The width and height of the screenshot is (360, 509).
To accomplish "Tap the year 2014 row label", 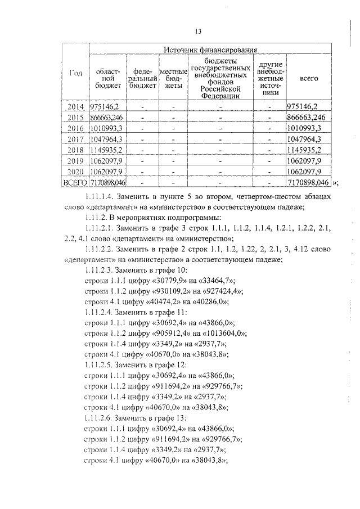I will tap(75, 106).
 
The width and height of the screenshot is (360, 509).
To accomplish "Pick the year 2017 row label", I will tap(75, 139).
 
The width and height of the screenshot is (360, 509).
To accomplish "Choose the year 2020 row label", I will tap(75, 171).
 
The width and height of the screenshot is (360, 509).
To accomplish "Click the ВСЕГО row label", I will tap(75, 182).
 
